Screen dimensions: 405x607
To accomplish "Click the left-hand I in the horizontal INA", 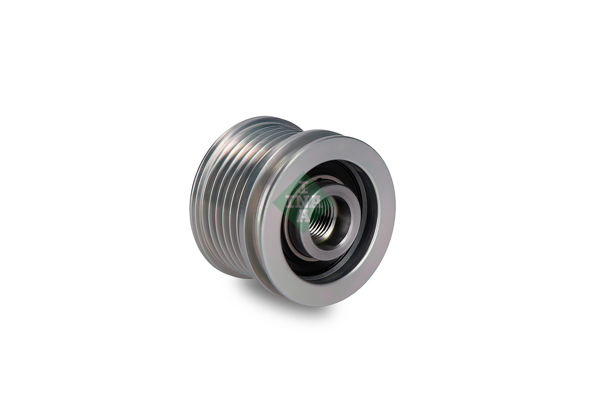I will [290, 202].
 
